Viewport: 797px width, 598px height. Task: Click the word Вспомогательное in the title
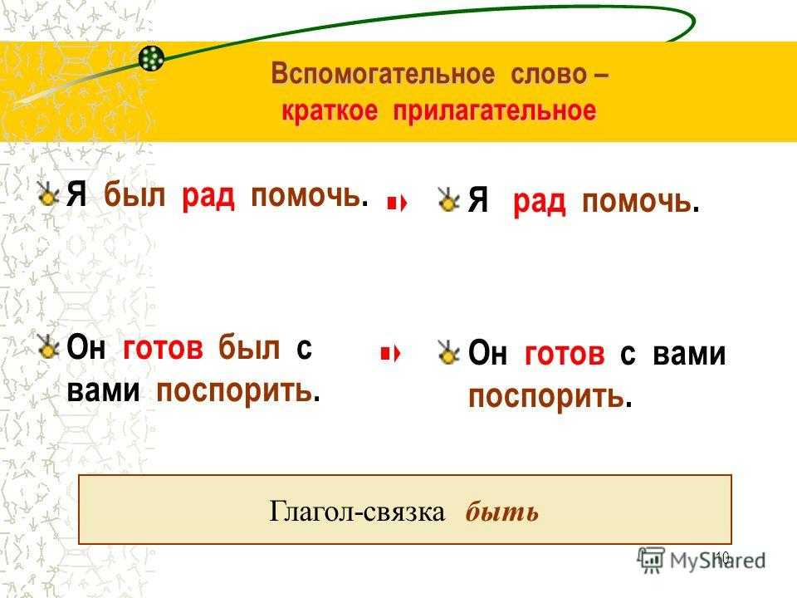pyautogui.click(x=382, y=74)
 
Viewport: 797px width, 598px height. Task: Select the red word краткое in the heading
pyautogui.click(x=330, y=110)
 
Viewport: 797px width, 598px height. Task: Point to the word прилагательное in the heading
pyautogui.click(x=495, y=111)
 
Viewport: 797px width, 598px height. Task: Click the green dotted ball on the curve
pyautogui.click(x=151, y=58)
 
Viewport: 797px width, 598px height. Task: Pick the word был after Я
pyautogui.click(x=134, y=194)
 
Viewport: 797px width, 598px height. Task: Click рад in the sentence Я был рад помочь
pyautogui.click(x=208, y=196)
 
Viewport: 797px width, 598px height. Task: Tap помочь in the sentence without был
pyautogui.click(x=637, y=201)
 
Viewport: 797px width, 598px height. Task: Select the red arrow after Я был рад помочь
pyautogui.click(x=397, y=204)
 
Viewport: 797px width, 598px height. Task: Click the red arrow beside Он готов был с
pyautogui.click(x=390, y=353)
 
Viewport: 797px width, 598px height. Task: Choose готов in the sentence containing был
pyautogui.click(x=163, y=348)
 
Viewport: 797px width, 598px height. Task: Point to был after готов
pyautogui.click(x=249, y=348)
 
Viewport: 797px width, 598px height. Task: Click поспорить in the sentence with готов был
pyautogui.click(x=234, y=391)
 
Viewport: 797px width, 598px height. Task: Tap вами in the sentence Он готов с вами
pyautogui.click(x=689, y=354)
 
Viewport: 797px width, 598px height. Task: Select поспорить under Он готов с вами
pyautogui.click(x=546, y=397)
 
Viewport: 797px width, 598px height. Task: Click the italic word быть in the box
pyautogui.click(x=501, y=512)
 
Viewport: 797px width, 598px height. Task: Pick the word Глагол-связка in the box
pyautogui.click(x=357, y=511)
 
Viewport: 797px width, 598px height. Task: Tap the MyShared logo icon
pyautogui.click(x=651, y=561)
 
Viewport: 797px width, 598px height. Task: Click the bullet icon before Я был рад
pyautogui.click(x=48, y=194)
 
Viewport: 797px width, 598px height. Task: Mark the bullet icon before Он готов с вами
pyautogui.click(x=449, y=352)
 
